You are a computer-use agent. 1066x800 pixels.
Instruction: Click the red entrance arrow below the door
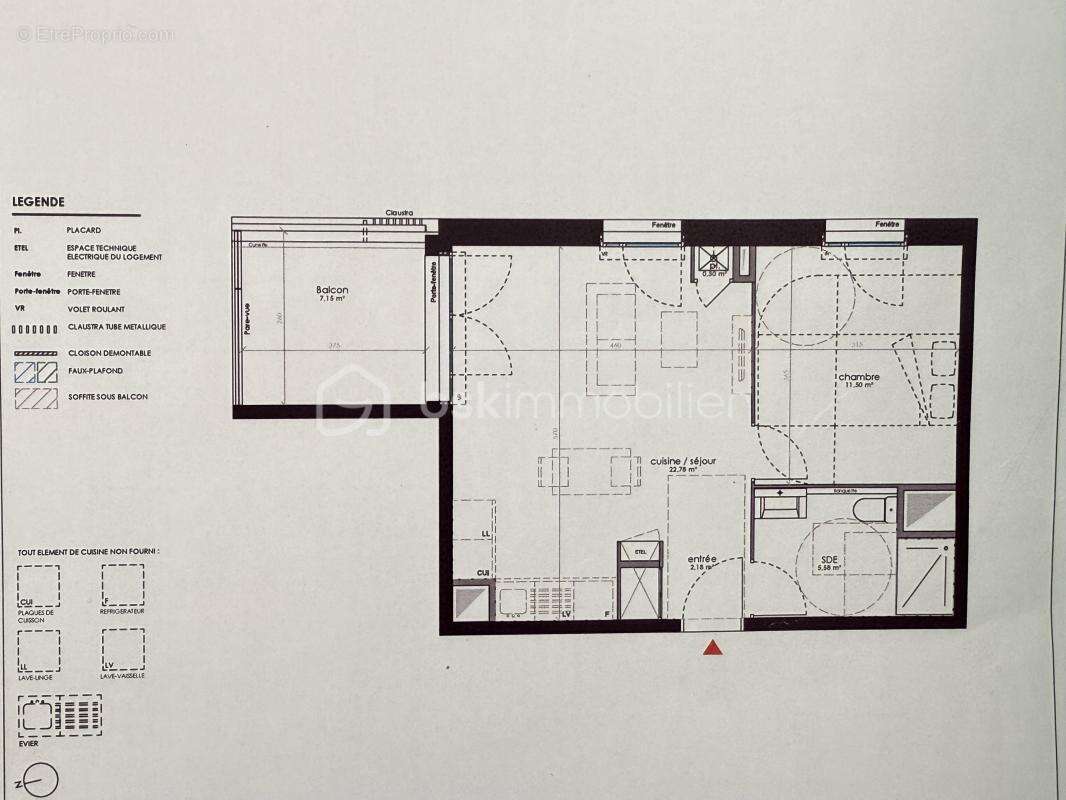pyautogui.click(x=711, y=648)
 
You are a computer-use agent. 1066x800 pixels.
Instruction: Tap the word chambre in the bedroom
pyautogui.click(x=859, y=377)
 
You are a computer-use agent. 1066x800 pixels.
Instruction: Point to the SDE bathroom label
pyautogui.click(x=830, y=560)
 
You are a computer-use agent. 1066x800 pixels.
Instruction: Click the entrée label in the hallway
pyautogui.click(x=702, y=559)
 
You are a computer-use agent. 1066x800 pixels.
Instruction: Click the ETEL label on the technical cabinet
pyautogui.click(x=640, y=549)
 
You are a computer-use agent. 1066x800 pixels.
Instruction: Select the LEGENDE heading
pyautogui.click(x=38, y=201)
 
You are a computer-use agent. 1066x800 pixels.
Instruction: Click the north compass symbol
pyautogui.click(x=41, y=779)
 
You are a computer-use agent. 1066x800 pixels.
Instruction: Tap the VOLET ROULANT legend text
pyautogui.click(x=96, y=310)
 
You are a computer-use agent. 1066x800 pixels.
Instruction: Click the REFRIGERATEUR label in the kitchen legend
pyautogui.click(x=123, y=610)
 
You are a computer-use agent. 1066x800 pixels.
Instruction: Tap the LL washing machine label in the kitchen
pyautogui.click(x=485, y=534)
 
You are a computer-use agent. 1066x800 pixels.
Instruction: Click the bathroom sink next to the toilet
pyautogui.click(x=780, y=503)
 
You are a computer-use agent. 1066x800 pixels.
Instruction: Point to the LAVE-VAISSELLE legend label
pyautogui.click(x=123, y=676)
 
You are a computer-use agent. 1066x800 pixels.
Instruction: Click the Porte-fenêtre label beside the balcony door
pyautogui.click(x=434, y=281)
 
